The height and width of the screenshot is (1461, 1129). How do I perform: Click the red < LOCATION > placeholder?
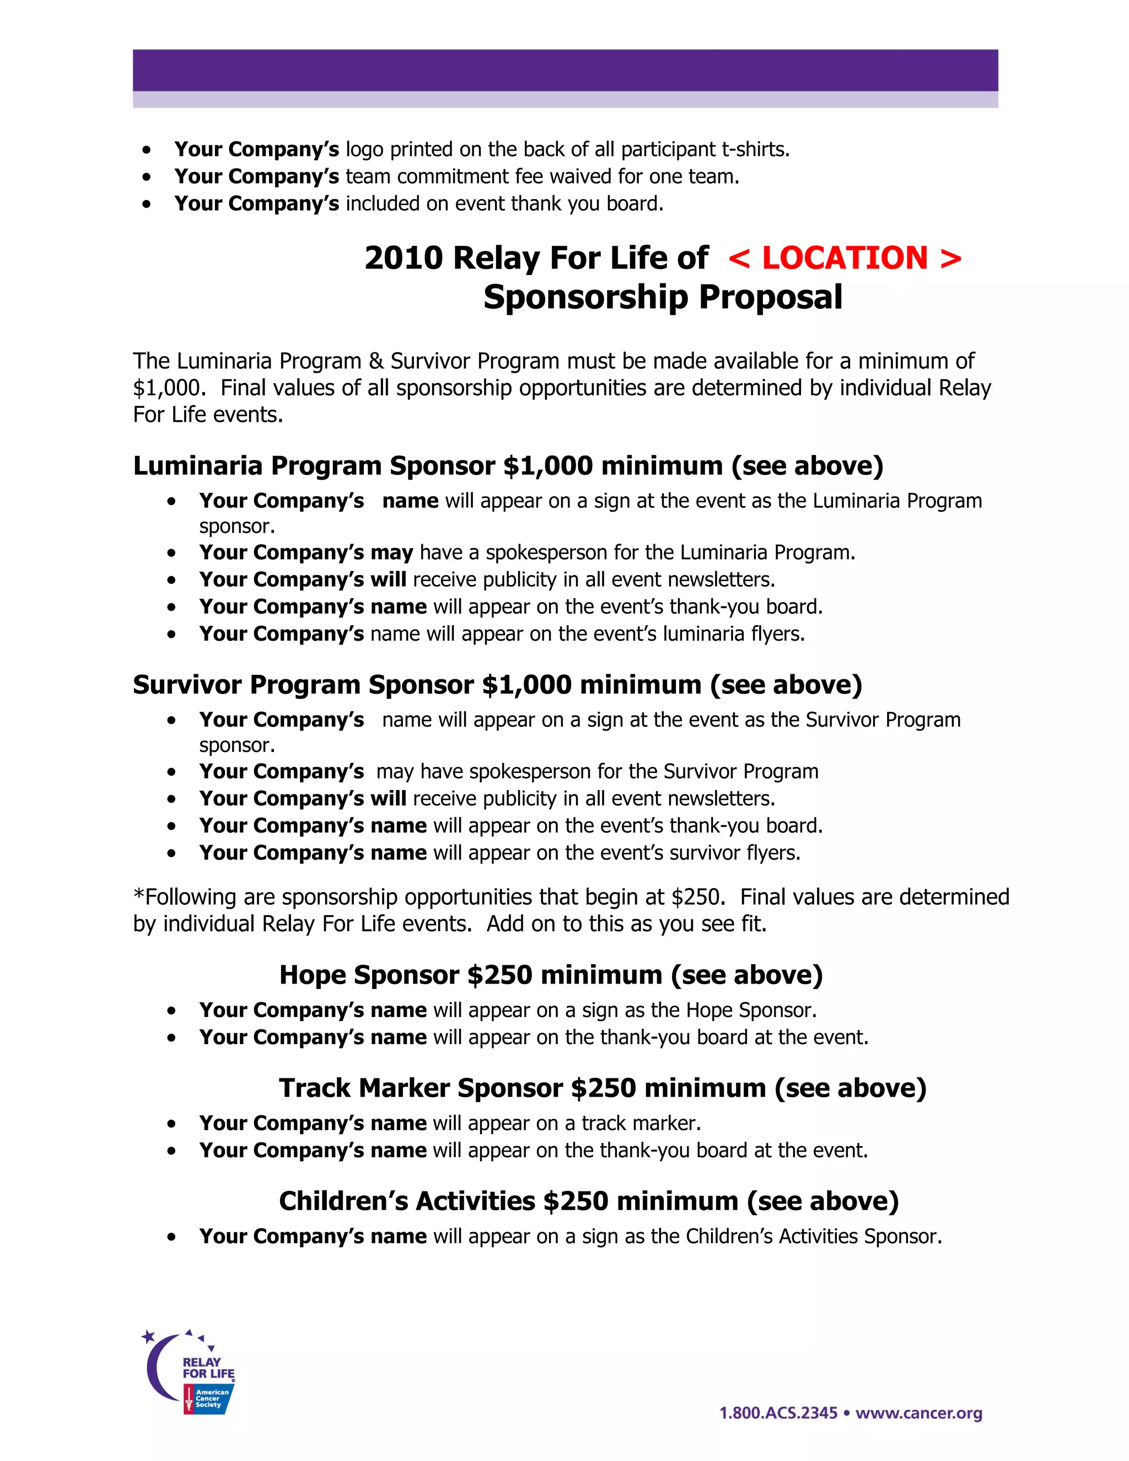[845, 258]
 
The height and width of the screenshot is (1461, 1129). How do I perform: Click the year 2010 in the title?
[404, 258]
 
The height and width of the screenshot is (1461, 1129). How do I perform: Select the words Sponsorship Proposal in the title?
[662, 297]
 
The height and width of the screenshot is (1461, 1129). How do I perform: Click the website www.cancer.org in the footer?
[919, 1413]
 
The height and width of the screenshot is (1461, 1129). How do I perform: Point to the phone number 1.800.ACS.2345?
[778, 1413]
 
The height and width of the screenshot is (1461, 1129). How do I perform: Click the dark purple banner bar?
[565, 70]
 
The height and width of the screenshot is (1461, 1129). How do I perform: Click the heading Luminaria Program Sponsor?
[314, 466]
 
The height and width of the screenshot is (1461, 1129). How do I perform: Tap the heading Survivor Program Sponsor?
[304, 685]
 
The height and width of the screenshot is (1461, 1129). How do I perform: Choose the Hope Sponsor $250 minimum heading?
[551, 975]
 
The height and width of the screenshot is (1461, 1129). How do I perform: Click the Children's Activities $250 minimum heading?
[589, 1201]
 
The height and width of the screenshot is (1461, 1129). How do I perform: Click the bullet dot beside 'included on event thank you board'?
[147, 204]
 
